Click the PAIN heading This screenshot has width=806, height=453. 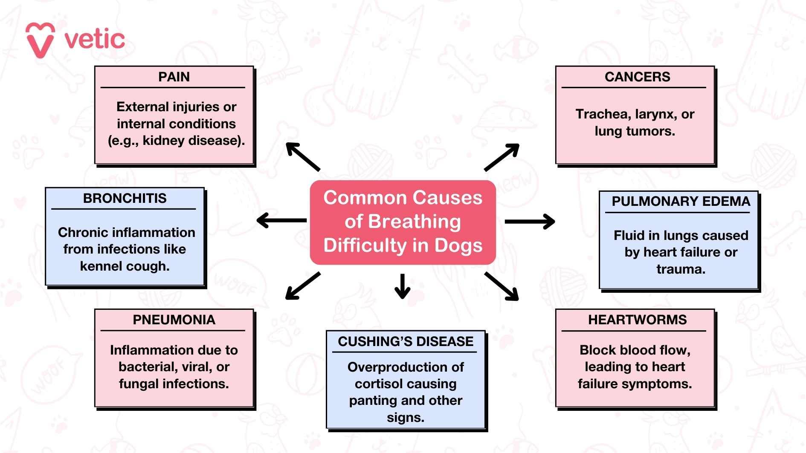pyautogui.click(x=174, y=77)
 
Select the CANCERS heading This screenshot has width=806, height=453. pyautogui.click(x=637, y=77)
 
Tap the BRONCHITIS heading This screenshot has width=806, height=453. pyautogui.click(x=125, y=199)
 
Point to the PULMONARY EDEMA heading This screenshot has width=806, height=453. pyautogui.click(x=681, y=202)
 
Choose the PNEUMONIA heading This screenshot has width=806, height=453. pyautogui.click(x=174, y=320)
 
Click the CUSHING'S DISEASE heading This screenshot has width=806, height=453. pyautogui.click(x=406, y=342)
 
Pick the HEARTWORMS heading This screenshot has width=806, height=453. pyautogui.click(x=637, y=320)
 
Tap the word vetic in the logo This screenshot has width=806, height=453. pyautogui.click(x=95, y=40)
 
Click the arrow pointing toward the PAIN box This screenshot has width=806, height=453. pyautogui.click(x=302, y=156)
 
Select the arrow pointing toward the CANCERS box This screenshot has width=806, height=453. pyautogui.click(x=502, y=157)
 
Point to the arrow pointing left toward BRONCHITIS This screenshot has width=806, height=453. pyautogui.click(x=281, y=220)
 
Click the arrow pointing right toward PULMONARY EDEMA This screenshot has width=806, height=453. pyautogui.click(x=530, y=222)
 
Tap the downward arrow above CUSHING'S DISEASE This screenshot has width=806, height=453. pyautogui.click(x=402, y=286)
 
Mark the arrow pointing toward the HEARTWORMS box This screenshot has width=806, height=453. pyautogui.click(x=502, y=286)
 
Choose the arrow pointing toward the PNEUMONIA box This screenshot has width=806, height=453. pyautogui.click(x=302, y=286)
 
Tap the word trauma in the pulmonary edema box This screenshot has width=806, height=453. pyautogui.click(x=681, y=269)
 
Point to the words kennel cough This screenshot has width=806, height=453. pyautogui.click(x=125, y=266)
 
